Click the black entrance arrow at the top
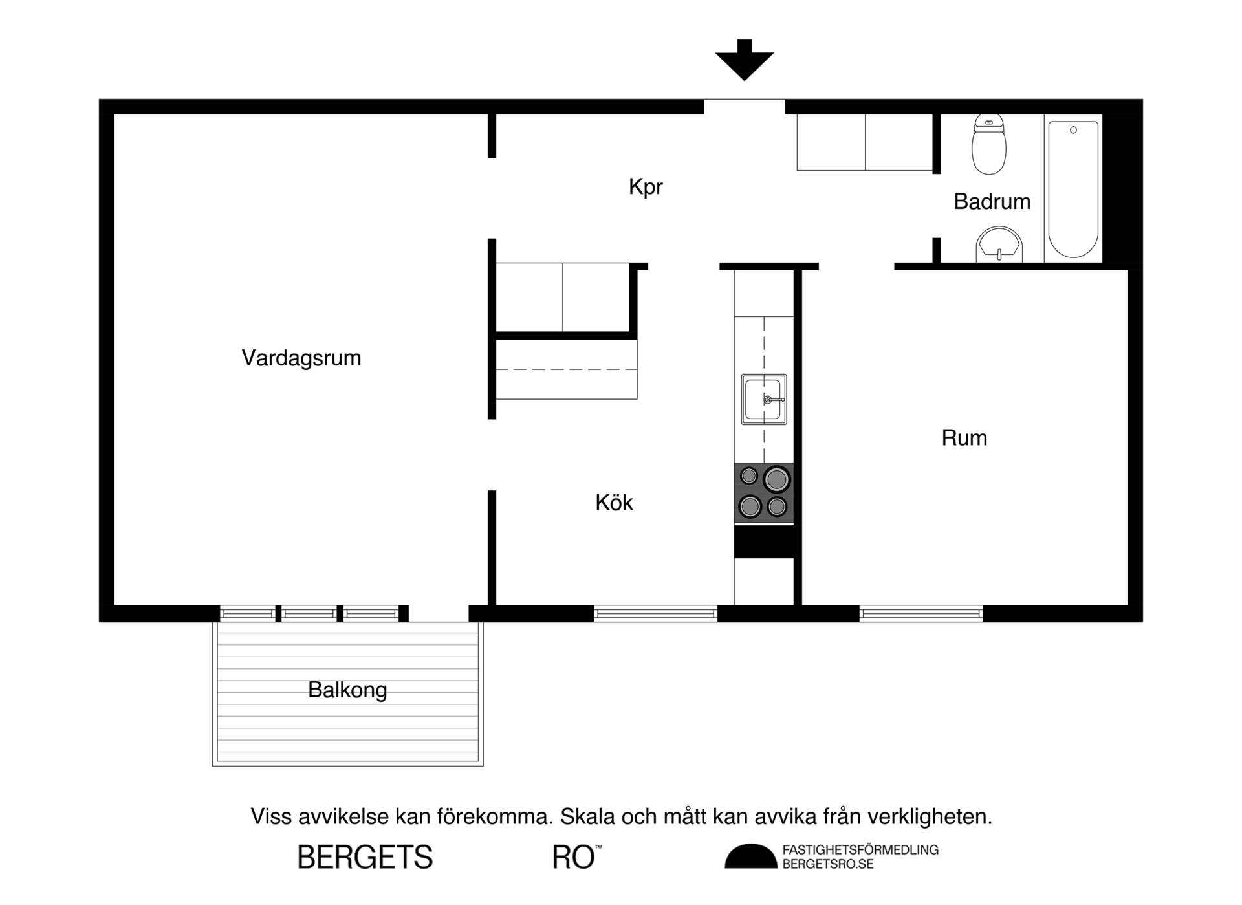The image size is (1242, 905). point(745,60)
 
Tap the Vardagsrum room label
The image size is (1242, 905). point(301,358)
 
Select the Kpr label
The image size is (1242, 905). point(646,187)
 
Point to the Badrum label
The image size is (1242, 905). point(992,202)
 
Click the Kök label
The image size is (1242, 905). point(614,502)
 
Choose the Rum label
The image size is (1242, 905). point(964,438)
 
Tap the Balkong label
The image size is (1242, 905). point(347,690)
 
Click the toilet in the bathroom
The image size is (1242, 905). point(989,144)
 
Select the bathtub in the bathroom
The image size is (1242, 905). point(1073,189)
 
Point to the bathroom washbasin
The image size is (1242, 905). point(999,244)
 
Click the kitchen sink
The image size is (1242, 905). point(764,399)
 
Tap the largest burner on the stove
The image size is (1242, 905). point(776,479)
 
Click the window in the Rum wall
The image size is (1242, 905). point(921,613)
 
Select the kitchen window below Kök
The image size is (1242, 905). point(655,613)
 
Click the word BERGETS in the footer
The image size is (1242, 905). point(365,857)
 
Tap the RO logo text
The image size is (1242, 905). point(576,857)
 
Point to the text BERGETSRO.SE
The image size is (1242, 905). point(828,864)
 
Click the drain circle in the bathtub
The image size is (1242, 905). point(1073,130)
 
